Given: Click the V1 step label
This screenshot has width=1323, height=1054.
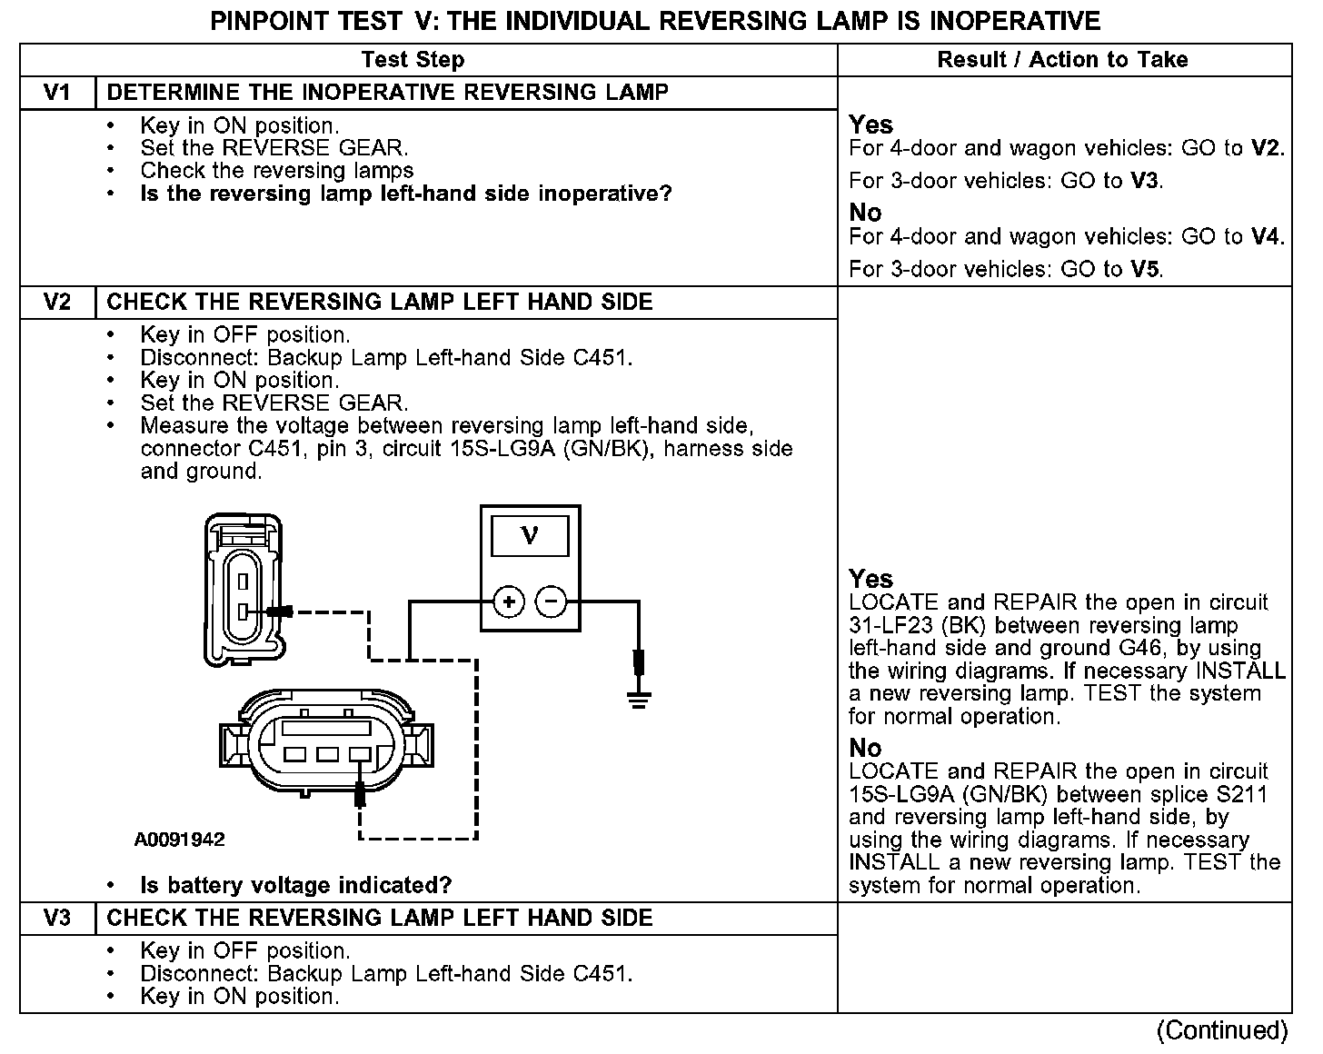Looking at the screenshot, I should click(x=57, y=93).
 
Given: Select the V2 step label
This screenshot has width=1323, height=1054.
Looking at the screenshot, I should click(x=57, y=303).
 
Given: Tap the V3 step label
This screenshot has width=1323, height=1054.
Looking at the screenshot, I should click(x=57, y=919).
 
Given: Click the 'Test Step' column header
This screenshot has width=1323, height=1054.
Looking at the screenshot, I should click(x=413, y=60).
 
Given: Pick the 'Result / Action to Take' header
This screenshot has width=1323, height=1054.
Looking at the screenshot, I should click(x=1062, y=60).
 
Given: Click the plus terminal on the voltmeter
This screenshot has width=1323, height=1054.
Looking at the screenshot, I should click(x=509, y=602).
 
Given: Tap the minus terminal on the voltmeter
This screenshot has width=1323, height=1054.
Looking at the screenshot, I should click(x=551, y=602).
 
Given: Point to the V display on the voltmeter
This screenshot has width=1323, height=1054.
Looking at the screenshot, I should click(x=530, y=536).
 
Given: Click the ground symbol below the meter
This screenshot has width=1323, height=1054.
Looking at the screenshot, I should click(x=639, y=698).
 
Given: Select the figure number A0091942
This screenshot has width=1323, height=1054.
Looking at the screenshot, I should click(x=179, y=840).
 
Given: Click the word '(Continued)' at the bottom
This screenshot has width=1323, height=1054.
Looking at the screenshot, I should click(x=1222, y=1030).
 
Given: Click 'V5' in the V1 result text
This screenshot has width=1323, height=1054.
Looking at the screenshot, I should click(x=1146, y=270).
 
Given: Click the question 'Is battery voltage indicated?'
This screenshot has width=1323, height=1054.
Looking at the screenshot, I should click(x=295, y=886).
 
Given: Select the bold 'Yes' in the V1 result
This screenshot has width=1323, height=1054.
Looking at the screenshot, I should click(x=870, y=125).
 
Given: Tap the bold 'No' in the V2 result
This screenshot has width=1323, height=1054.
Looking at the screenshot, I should click(x=865, y=749).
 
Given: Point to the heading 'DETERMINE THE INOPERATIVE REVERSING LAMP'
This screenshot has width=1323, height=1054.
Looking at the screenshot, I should click(x=388, y=93).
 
